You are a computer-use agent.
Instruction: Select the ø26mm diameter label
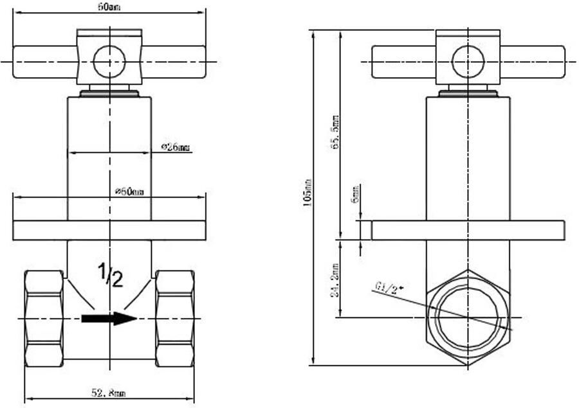coord(176,148)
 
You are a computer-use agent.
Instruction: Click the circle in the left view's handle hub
coord(109,62)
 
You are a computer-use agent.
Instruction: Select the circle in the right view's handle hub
coord(468,62)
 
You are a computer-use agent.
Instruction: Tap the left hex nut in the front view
coord(44,318)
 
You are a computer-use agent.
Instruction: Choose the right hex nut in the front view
coord(175,318)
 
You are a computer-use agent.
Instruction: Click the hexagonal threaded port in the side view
coord(468,317)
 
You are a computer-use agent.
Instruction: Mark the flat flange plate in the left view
coord(109,231)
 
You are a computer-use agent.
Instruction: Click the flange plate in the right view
coord(468,231)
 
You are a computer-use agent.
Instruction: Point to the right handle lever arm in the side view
coord(532,62)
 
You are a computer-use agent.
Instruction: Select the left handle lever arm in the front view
coord(44,62)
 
